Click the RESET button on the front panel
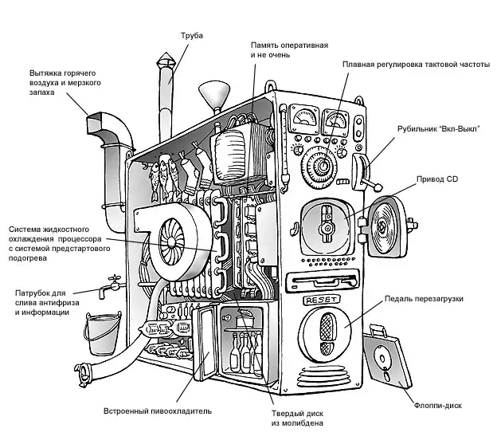pyautogui.click(x=323, y=301)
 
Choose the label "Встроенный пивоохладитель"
pyautogui.click(x=158, y=411)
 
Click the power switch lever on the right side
pyautogui.click(x=368, y=171)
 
